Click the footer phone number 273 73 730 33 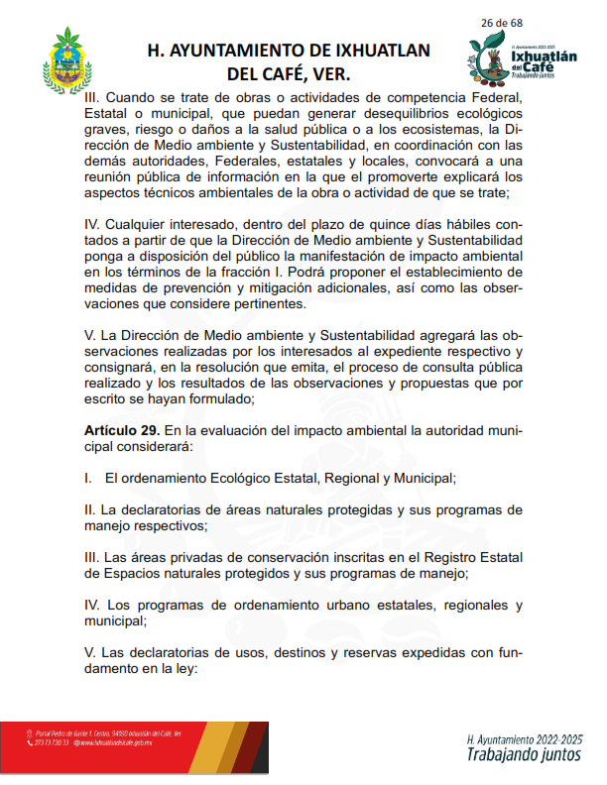(52, 742)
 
